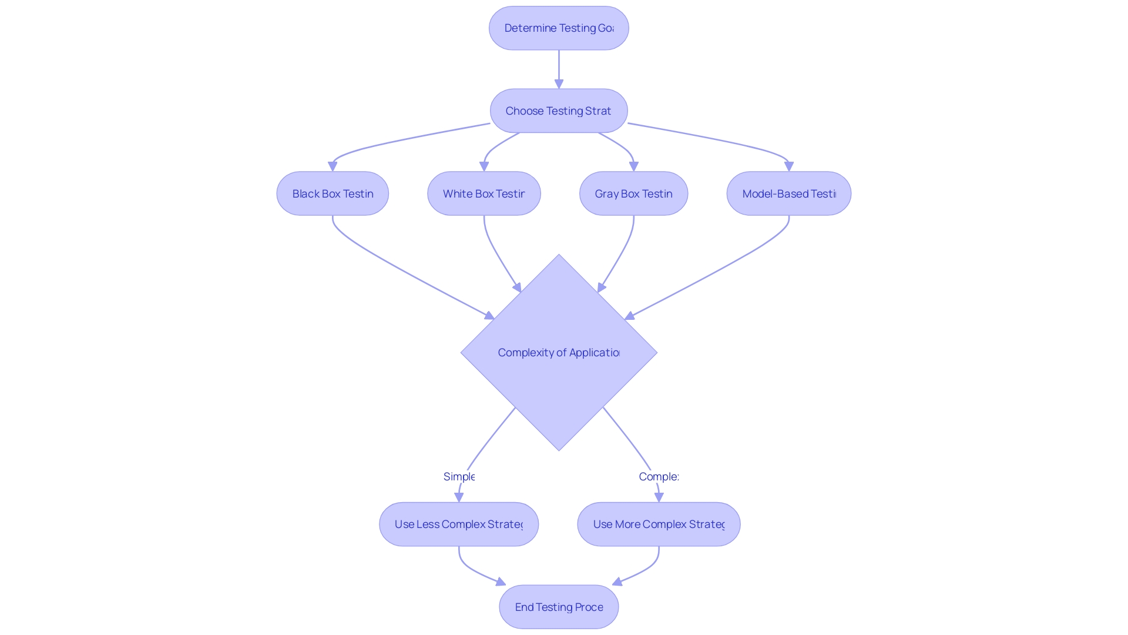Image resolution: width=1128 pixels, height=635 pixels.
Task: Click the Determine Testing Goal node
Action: click(x=559, y=28)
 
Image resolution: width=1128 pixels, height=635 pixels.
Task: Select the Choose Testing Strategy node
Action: click(x=559, y=111)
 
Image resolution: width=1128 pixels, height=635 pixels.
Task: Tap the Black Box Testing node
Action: click(x=333, y=194)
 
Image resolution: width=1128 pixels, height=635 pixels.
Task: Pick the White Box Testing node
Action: click(x=484, y=194)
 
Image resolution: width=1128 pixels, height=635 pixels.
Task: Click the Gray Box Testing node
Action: click(x=633, y=194)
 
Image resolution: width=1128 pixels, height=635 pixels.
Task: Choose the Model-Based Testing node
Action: click(x=788, y=194)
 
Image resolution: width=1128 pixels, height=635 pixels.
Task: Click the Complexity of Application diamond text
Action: click(x=559, y=353)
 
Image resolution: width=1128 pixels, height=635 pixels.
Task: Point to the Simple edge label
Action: click(x=459, y=477)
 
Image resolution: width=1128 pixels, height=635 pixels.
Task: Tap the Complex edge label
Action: click(x=659, y=477)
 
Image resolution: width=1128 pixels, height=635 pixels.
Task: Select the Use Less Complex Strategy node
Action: click(x=459, y=524)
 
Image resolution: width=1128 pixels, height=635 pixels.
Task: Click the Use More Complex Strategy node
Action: click(x=659, y=524)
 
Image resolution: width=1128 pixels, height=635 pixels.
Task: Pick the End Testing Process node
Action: click(x=559, y=607)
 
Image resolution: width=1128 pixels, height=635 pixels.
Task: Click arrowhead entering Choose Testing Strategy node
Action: click(x=559, y=85)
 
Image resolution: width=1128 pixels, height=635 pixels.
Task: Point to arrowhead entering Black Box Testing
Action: click(x=333, y=167)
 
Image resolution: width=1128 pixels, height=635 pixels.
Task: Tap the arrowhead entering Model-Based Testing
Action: click(x=789, y=167)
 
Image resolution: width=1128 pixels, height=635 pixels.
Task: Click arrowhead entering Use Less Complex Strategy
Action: click(x=459, y=497)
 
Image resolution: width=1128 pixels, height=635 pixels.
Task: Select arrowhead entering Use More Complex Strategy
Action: click(x=659, y=497)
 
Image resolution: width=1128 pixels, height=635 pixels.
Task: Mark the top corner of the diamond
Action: click(x=559, y=256)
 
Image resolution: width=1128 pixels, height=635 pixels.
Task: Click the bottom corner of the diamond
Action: click(x=559, y=450)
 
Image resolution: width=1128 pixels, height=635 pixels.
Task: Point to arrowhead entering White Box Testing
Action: click(x=484, y=167)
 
